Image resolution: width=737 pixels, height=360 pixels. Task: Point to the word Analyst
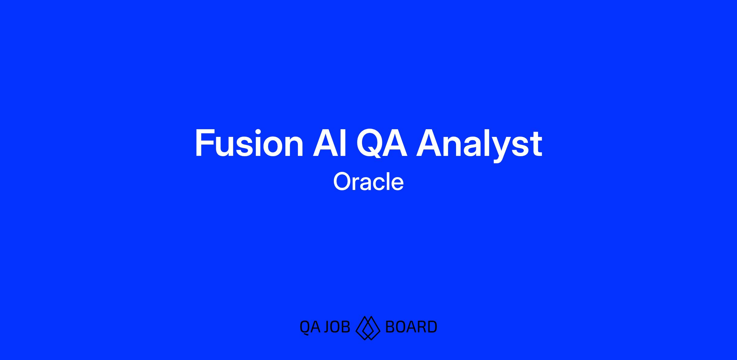pyautogui.click(x=479, y=145)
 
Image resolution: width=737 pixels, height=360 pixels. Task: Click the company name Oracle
pyautogui.click(x=368, y=181)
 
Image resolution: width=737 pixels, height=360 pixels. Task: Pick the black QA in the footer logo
pyautogui.click(x=310, y=327)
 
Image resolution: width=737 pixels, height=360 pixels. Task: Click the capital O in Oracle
pyautogui.click(x=342, y=181)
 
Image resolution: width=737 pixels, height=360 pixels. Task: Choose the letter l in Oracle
pyautogui.click(x=385, y=181)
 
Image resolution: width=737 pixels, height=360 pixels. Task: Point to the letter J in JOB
pyautogui.click(x=327, y=327)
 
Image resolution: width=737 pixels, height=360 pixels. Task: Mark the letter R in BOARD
pyautogui.click(x=422, y=327)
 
